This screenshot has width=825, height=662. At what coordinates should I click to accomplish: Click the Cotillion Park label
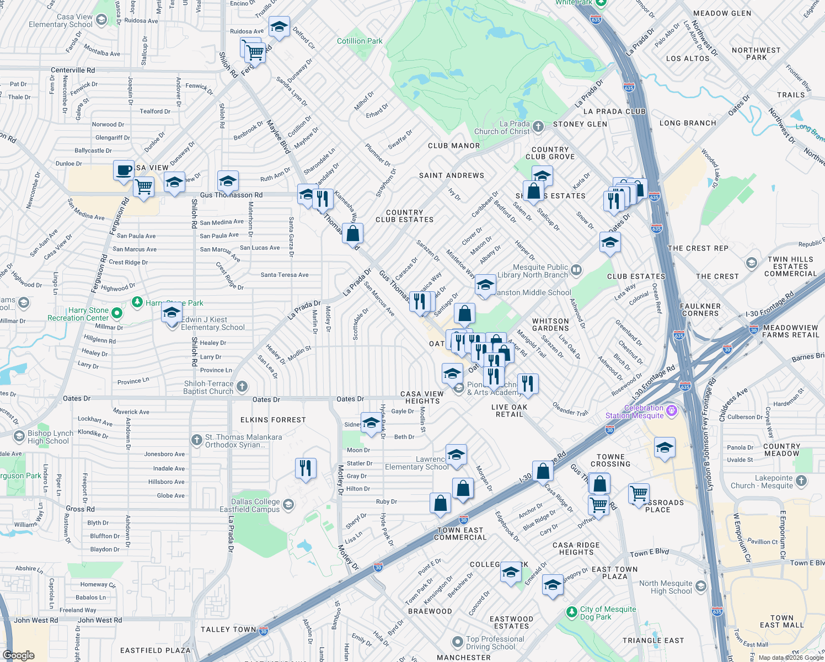tap(360, 41)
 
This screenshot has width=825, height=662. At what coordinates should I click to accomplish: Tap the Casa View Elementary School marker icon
tap(101, 20)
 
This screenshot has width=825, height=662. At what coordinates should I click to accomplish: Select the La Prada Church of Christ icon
tap(538, 127)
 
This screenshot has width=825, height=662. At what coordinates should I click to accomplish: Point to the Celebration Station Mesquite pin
tap(671, 410)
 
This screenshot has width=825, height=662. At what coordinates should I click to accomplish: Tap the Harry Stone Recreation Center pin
tap(116, 313)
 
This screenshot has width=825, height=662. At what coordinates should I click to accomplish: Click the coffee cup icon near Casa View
tap(124, 170)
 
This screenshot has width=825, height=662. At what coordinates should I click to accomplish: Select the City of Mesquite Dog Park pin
tap(572, 612)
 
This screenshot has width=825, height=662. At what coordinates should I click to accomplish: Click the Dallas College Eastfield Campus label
tap(249, 505)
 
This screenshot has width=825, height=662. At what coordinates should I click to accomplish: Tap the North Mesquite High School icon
tap(700, 586)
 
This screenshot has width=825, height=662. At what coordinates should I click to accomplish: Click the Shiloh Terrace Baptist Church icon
tap(242, 387)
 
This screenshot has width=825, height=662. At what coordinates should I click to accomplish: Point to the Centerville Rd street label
tap(72, 70)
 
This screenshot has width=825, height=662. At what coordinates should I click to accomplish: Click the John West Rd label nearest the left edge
tap(36, 620)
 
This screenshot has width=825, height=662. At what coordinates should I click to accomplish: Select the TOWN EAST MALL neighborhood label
tap(781, 621)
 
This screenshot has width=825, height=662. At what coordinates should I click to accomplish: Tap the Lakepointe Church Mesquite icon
tap(801, 481)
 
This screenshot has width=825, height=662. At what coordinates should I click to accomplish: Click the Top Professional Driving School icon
tap(457, 642)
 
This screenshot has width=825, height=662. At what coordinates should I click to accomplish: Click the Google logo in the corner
tap(18, 655)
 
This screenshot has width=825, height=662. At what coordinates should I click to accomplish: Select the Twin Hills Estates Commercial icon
tap(751, 263)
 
